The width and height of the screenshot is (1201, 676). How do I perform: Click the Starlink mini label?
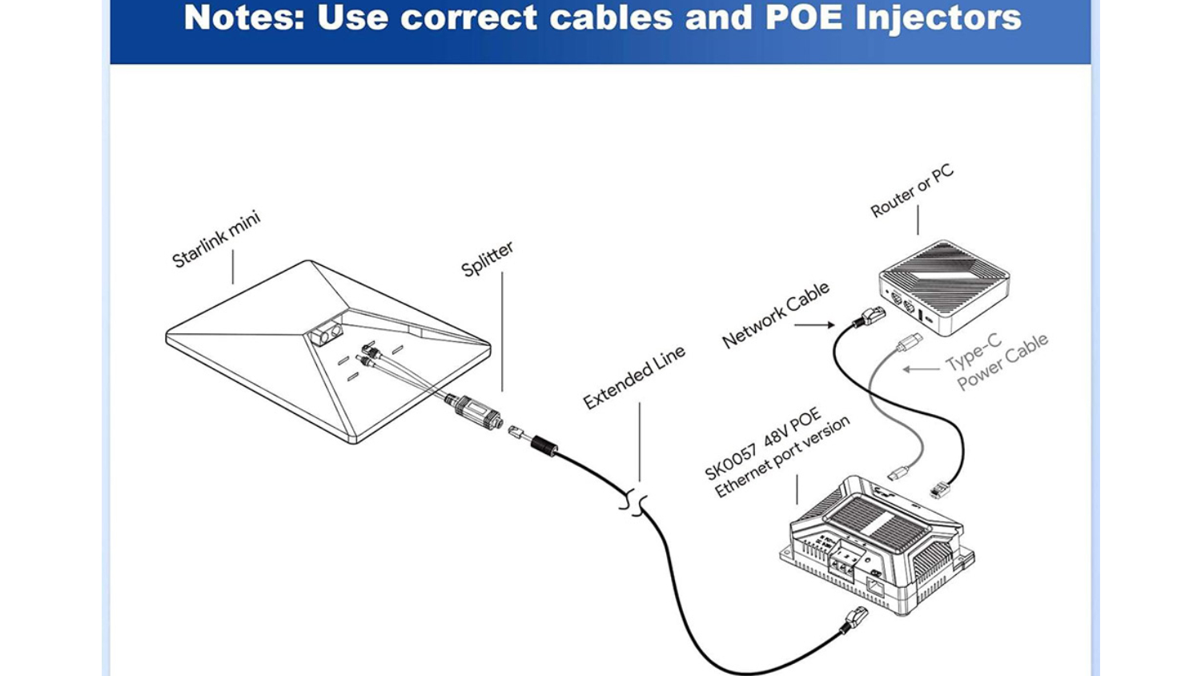pos(216,239)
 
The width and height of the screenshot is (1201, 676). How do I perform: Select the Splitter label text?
pos(487,259)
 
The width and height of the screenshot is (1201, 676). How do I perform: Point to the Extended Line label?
pos(634,376)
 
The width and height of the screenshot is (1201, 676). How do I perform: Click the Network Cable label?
pos(775,315)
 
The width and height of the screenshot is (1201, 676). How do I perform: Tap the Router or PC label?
pos(912,191)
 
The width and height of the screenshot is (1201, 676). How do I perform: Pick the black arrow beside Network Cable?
pos(815,324)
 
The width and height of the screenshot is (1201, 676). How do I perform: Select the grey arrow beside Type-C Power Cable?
pos(921,369)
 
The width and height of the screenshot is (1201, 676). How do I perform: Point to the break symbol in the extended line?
pos(634,503)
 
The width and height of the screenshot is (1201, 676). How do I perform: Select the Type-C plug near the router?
pos(909,343)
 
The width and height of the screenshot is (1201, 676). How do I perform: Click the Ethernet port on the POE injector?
pos(875,586)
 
